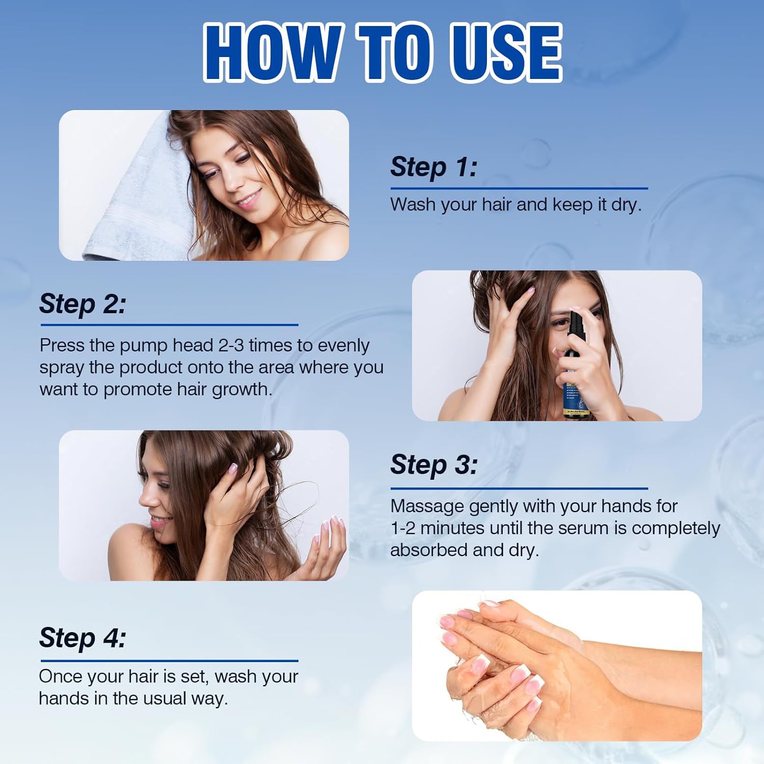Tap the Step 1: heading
coord(434,167)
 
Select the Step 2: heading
coord(83,304)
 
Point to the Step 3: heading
coord(434,465)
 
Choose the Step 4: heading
coord(83,638)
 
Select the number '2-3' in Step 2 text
coord(231,345)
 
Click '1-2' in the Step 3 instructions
coord(403,528)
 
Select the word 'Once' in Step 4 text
coord(60,676)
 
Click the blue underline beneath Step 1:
coord(519,188)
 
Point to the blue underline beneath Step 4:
coord(169,661)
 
